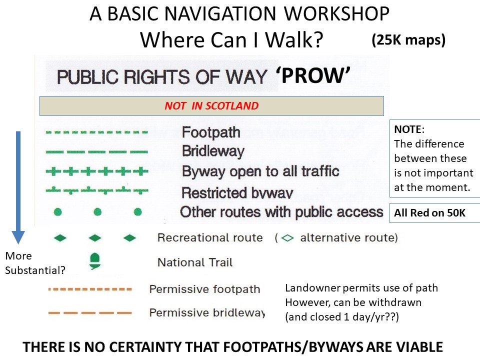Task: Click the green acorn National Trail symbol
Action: point(95,261)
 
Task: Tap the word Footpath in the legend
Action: point(211,132)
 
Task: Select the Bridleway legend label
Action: point(213,151)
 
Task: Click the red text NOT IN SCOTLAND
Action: point(211,106)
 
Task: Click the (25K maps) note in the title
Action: point(408,40)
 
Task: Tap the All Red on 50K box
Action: point(434,213)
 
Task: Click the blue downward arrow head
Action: point(18,237)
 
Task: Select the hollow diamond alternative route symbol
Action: point(287,238)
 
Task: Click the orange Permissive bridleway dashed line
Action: point(90,313)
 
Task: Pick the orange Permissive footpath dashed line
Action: point(90,289)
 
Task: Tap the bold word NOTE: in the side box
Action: point(409,129)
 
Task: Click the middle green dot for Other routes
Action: point(97,212)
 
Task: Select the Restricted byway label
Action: point(237,193)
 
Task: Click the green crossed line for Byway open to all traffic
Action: point(97,171)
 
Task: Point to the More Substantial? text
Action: point(35,263)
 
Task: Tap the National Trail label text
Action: point(195,262)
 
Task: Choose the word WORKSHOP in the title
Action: point(336,13)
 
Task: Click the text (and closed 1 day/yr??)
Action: point(342,317)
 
